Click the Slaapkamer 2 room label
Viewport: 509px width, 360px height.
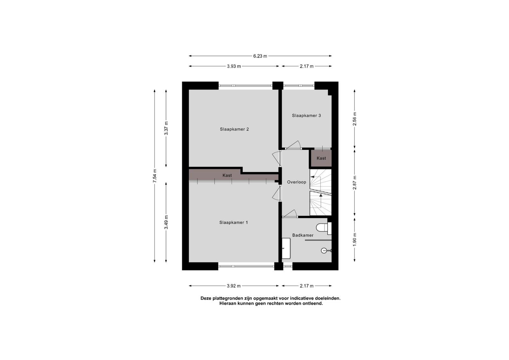[234, 129]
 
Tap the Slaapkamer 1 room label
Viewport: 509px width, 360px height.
[234, 223]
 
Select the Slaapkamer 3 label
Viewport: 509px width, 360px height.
[306, 116]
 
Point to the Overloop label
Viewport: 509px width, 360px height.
[296, 182]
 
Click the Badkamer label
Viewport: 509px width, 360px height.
[303, 235]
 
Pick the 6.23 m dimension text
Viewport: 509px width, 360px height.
[260, 56]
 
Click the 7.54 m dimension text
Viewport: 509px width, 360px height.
[155, 176]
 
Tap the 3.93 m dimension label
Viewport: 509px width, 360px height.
[234, 66]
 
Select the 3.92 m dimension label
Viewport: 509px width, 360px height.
[234, 286]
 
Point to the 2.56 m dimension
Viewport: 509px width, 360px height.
[355, 119]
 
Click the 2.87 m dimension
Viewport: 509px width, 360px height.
[355, 183]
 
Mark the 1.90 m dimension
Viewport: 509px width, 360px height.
[355, 239]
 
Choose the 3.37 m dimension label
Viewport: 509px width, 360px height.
[166, 128]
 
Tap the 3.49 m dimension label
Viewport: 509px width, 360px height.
[166, 222]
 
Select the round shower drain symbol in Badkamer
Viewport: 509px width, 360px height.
[324, 251]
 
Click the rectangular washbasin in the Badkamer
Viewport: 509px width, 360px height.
[286, 248]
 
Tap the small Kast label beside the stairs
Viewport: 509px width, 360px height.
[321, 158]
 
